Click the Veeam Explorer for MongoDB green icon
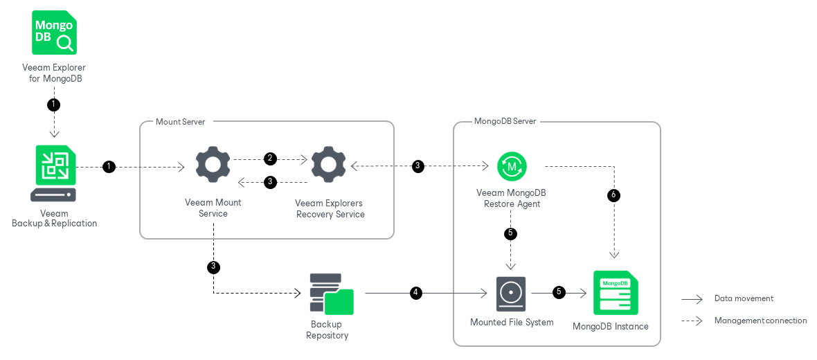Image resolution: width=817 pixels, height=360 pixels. coord(54,33)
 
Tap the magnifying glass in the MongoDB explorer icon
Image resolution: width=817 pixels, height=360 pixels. coord(65,43)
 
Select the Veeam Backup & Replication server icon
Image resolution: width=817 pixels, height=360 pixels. coord(53,173)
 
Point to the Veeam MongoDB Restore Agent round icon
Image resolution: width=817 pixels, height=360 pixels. coord(512,166)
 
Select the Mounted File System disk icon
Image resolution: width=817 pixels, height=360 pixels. coord(511,294)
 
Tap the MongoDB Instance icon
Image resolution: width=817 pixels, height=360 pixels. coord(615,293)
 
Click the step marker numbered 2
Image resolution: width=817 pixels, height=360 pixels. coord(271,159)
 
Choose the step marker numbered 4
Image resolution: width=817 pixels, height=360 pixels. coord(415,293)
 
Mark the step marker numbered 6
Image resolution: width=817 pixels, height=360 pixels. coord(613,195)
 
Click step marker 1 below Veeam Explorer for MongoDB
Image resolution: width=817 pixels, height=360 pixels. coord(53,105)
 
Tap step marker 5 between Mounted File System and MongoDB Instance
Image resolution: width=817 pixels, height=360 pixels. coord(559,293)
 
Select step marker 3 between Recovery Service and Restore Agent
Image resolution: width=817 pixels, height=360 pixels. coord(418,166)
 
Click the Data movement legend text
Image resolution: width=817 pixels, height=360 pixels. coord(744,298)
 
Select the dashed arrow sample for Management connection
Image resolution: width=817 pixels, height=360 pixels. coord(692,321)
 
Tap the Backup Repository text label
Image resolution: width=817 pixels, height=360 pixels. coord(327,330)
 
